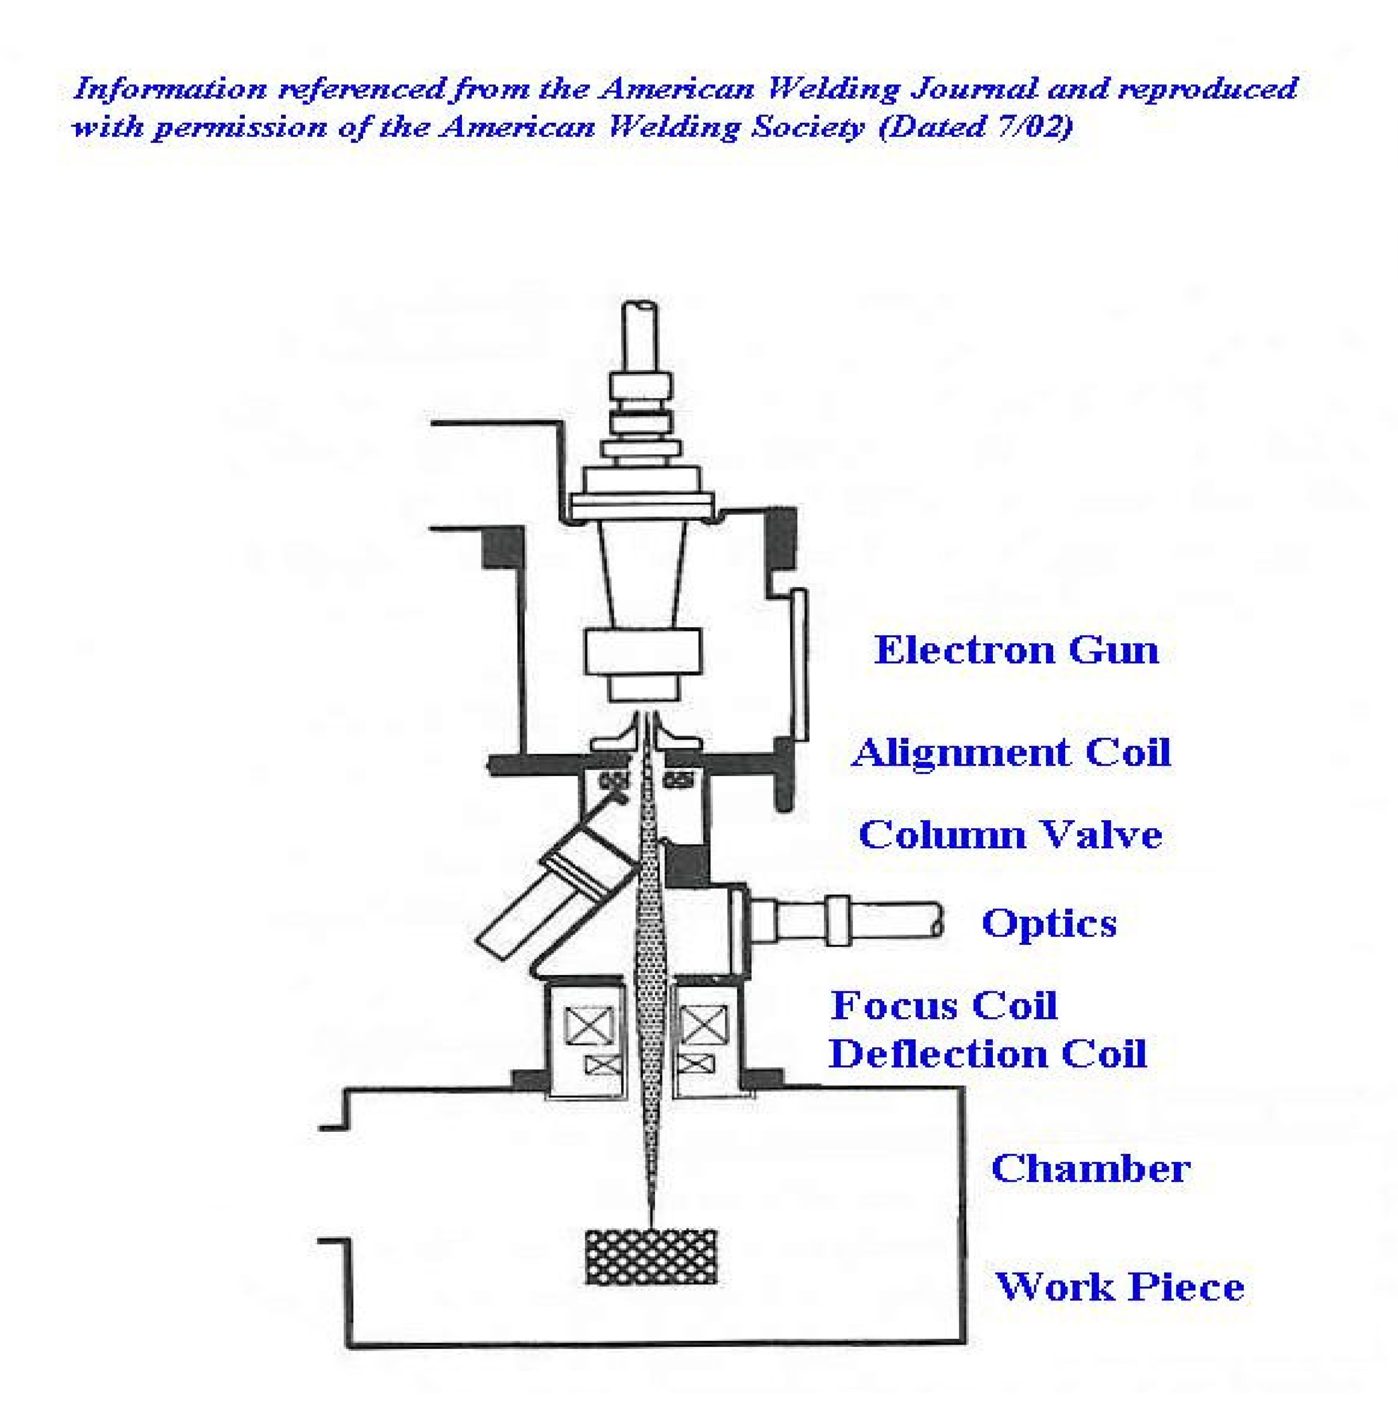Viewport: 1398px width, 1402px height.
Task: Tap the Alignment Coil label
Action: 1010,753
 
